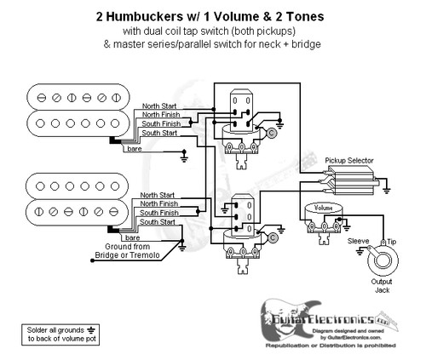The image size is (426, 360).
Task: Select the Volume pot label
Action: click(323, 207)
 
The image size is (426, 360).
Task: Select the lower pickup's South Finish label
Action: click(159, 213)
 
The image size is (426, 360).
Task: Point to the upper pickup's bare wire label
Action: click(135, 150)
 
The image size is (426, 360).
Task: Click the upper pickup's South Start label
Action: click(159, 134)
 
